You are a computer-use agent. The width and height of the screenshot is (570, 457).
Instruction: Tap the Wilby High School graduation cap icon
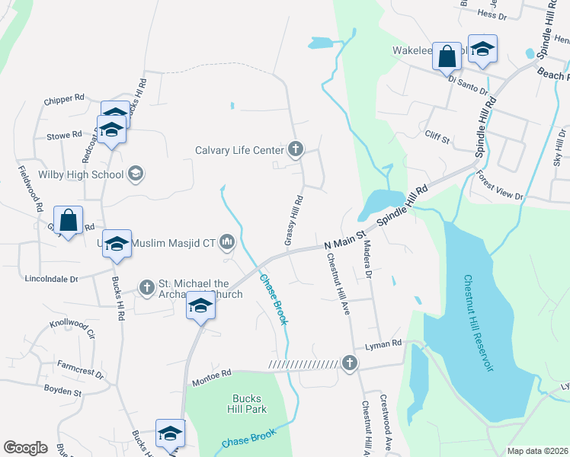(136, 174)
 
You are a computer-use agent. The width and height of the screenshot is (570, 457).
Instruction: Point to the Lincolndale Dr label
(53, 280)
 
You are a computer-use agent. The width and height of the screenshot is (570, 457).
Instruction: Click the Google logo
(25, 448)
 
